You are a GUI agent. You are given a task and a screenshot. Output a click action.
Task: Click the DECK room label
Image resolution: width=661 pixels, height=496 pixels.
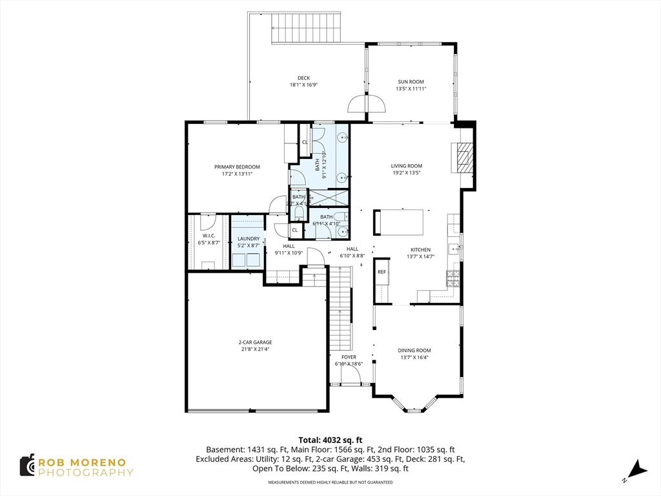tap(303, 78)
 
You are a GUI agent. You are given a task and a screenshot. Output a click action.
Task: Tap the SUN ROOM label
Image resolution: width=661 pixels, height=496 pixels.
tap(411, 82)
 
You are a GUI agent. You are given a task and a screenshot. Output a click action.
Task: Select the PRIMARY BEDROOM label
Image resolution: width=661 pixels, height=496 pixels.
tap(237, 167)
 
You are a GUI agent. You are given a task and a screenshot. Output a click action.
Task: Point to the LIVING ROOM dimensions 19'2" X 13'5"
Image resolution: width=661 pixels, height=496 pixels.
tap(406, 172)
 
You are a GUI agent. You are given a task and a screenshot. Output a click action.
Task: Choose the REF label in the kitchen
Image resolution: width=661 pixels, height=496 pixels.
tap(381, 272)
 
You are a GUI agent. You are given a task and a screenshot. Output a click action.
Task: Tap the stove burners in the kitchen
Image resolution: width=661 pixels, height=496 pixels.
tap(453, 278)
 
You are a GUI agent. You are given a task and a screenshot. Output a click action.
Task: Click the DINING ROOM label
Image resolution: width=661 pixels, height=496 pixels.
tap(414, 350)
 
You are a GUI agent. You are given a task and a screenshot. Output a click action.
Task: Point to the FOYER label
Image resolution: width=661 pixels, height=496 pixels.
tap(349, 356)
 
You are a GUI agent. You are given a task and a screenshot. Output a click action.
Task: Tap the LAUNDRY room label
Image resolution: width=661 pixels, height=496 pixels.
tap(248, 239)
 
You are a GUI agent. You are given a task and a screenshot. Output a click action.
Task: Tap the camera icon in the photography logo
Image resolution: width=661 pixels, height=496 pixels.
tap(26, 465)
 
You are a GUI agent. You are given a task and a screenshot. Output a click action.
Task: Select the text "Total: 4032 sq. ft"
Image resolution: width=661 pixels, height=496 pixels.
tap(330, 439)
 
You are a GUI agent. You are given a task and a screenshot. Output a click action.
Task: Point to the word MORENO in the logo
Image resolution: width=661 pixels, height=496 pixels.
tap(101, 462)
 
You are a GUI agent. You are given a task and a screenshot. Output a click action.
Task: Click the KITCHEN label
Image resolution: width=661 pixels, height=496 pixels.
tap(420, 249)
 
